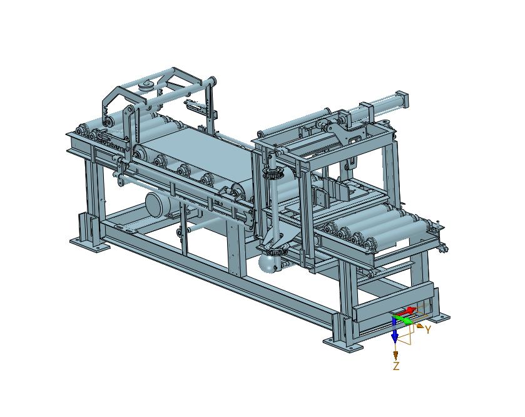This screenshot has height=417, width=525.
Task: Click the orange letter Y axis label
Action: (427, 330)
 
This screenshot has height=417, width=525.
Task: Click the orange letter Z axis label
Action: (396, 366)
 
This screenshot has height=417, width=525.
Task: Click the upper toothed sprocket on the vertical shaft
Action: (274, 173)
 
